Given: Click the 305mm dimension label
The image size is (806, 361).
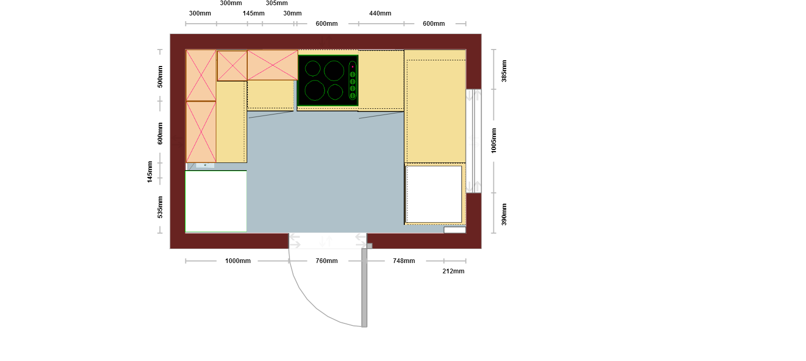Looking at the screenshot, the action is coord(277,3).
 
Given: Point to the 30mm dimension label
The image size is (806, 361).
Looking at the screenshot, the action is coord(292,13).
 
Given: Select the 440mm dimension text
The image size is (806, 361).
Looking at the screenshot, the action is coord(380,13).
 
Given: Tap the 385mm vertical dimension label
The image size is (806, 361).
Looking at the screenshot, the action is coord(504,71).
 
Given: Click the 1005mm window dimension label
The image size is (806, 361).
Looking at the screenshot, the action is coord(494,140).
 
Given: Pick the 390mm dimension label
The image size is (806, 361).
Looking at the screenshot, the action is coord(504,215).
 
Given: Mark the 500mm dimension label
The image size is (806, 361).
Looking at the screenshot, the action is coord(160,77).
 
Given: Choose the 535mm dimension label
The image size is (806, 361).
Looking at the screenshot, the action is coord(160,207).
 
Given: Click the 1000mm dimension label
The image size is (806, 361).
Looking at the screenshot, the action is coord(238,261).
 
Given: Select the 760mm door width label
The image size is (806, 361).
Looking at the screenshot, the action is coord(327,261).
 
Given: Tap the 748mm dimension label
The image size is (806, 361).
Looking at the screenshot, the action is coord(404,261).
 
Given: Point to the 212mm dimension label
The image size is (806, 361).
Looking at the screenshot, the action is coord(453,271).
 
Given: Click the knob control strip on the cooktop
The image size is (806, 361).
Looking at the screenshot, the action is coord(353,80).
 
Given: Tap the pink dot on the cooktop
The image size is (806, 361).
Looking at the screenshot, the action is coord(353,67).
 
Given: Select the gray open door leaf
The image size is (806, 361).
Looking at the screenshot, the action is coord(365,287).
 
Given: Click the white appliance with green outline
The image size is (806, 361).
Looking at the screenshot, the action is coord(216,202).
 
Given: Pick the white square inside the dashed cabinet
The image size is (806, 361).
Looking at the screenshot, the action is coord(434,194).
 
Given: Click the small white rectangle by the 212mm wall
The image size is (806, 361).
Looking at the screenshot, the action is coord(455,230).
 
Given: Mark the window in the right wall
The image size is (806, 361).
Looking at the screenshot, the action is coord(474,141).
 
